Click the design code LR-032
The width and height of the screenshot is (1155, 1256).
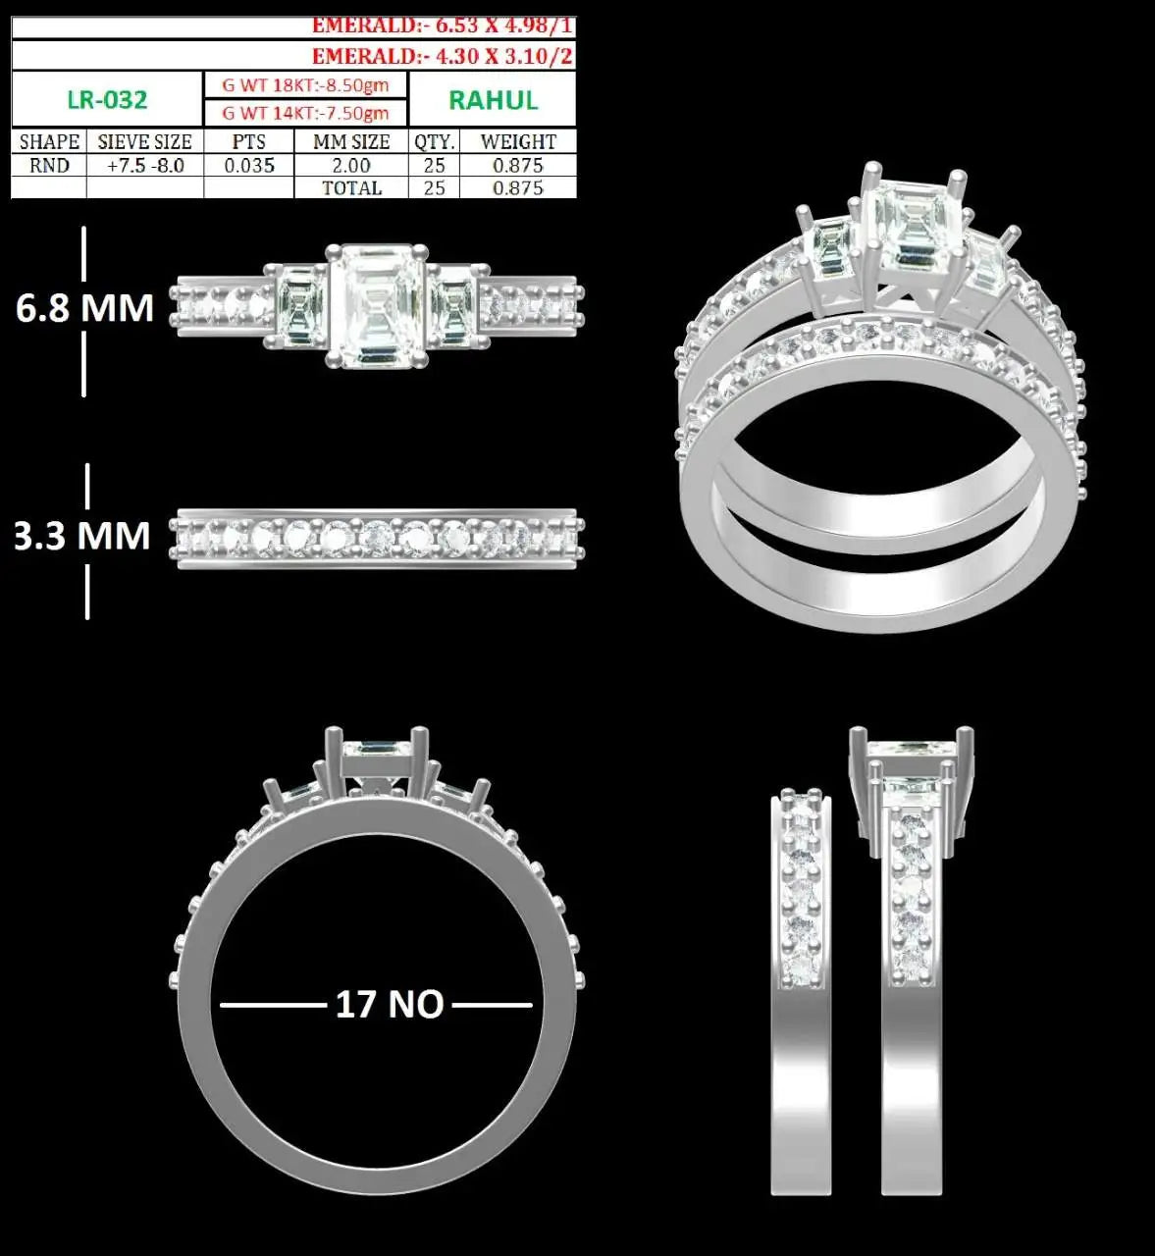tap(107, 100)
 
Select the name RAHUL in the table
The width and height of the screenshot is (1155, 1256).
tap(494, 101)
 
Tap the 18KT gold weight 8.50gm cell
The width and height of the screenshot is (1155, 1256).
tap(305, 84)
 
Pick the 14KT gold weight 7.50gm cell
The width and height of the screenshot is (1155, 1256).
tap(305, 113)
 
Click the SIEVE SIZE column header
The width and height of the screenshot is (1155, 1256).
tap(144, 142)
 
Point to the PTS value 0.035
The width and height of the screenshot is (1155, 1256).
tap(249, 166)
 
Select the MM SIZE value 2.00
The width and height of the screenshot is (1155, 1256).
tap(351, 166)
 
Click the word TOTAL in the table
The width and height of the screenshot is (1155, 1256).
tap(352, 188)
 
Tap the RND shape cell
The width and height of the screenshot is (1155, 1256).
tap(49, 166)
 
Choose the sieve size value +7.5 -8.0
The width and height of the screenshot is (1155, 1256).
tap(145, 166)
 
